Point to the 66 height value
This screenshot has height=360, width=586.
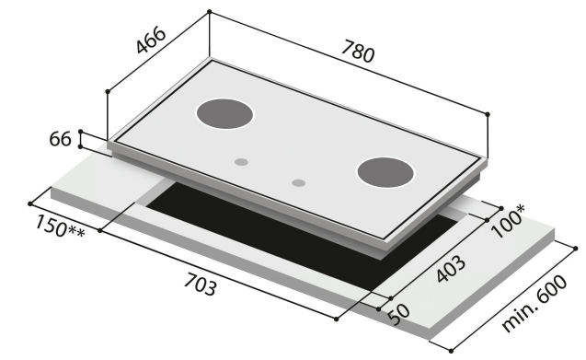click(60, 140)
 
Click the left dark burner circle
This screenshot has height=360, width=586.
click(224, 114)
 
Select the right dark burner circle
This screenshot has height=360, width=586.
click(385, 172)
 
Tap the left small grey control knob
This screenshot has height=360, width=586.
click(241, 162)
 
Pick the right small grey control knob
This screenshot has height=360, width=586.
click(298, 182)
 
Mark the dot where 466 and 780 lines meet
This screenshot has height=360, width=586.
click(210, 12)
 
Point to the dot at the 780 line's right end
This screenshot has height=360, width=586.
click(488, 114)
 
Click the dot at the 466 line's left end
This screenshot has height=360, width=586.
click(109, 91)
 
